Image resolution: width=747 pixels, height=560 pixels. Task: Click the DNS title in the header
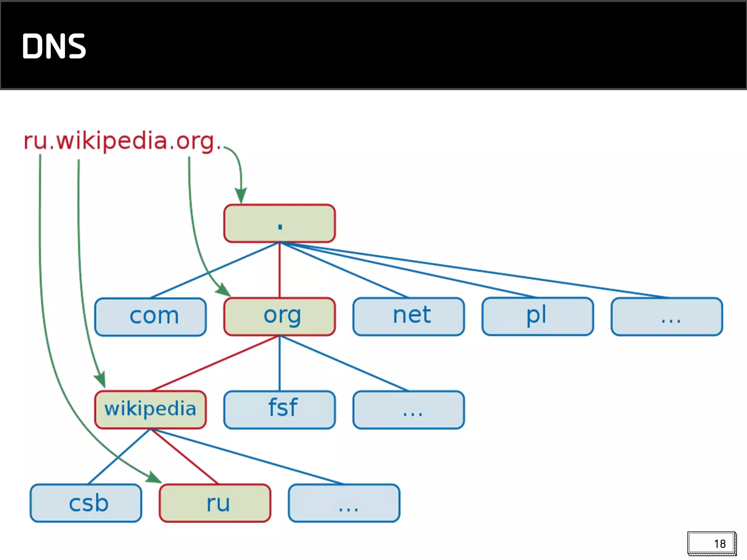pos(54,46)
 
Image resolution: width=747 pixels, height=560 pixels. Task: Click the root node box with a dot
pos(279,223)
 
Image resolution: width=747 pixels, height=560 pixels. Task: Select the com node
pos(150,316)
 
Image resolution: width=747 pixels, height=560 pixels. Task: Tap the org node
pos(279,316)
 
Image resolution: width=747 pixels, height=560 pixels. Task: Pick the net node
pos(409,316)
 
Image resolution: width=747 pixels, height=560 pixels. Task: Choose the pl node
pos(538,316)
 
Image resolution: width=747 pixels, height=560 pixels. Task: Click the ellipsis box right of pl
pos(667,316)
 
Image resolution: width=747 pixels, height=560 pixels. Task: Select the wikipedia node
pos(150,409)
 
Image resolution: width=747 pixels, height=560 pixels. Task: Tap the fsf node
pos(279,409)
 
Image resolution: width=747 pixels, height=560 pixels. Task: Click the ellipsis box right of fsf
pos(409,409)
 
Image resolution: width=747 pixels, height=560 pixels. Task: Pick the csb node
pos(86,503)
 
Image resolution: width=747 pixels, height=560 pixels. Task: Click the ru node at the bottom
pos(215,503)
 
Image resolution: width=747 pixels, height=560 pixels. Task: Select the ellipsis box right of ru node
pos(344,503)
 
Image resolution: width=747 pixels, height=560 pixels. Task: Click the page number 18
pos(719,544)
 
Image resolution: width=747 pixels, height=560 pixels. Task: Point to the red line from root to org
pos(279,270)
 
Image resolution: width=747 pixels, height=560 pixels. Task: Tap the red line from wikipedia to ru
pos(184,456)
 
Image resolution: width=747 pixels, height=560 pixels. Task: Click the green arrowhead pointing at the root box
pos(241,195)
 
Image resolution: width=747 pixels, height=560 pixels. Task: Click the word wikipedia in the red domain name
pos(111,141)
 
